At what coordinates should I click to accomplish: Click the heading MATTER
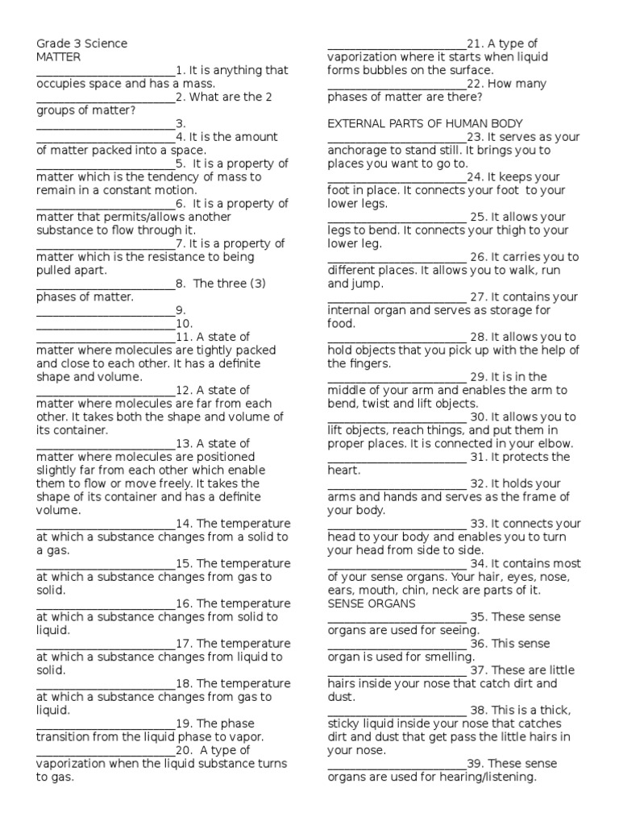point(59,57)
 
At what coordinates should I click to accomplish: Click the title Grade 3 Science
point(81,44)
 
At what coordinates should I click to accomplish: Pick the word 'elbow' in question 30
point(553,444)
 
